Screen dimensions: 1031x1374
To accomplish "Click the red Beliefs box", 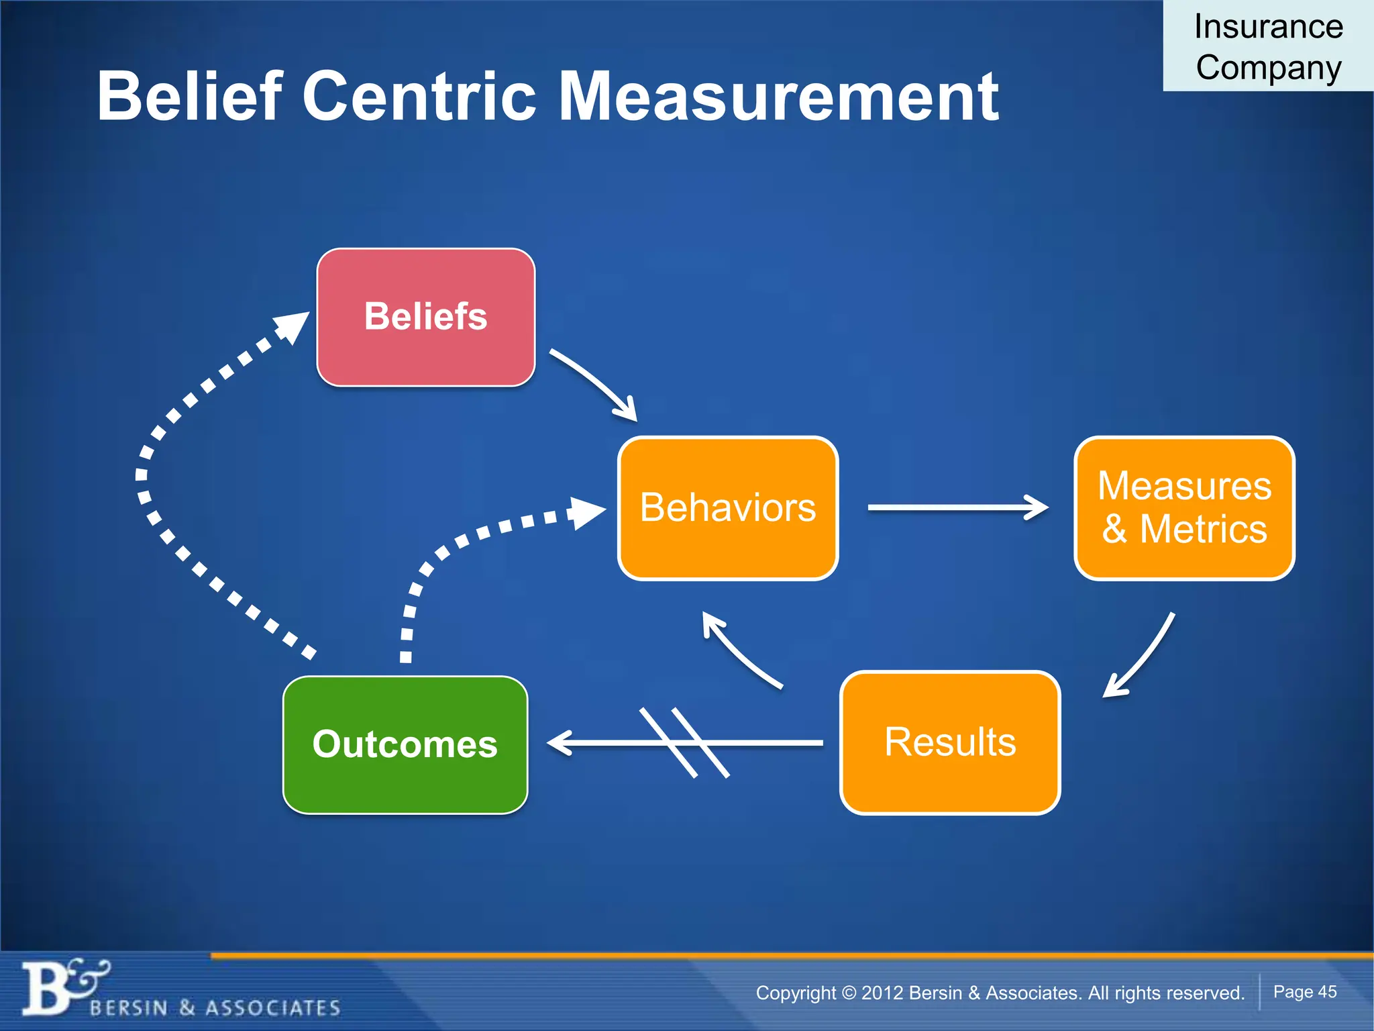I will tap(425, 317).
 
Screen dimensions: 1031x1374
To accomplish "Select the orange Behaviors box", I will tap(728, 507).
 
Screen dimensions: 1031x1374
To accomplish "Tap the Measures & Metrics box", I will tap(1184, 507).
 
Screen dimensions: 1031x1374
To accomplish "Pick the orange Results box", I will tap(950, 742).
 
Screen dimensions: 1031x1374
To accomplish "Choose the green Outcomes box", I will tap(405, 744).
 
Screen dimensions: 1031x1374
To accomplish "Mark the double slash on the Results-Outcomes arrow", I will tap(684, 742).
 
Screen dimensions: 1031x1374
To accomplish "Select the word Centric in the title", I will tap(420, 97).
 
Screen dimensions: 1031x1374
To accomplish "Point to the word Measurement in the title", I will tap(778, 97).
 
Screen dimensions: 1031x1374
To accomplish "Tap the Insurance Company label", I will tap(1268, 47).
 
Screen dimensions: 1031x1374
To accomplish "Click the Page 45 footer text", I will tap(1305, 991).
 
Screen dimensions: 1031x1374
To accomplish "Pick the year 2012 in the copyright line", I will tap(882, 993).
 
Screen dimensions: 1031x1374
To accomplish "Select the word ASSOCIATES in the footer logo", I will tap(273, 1008).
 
